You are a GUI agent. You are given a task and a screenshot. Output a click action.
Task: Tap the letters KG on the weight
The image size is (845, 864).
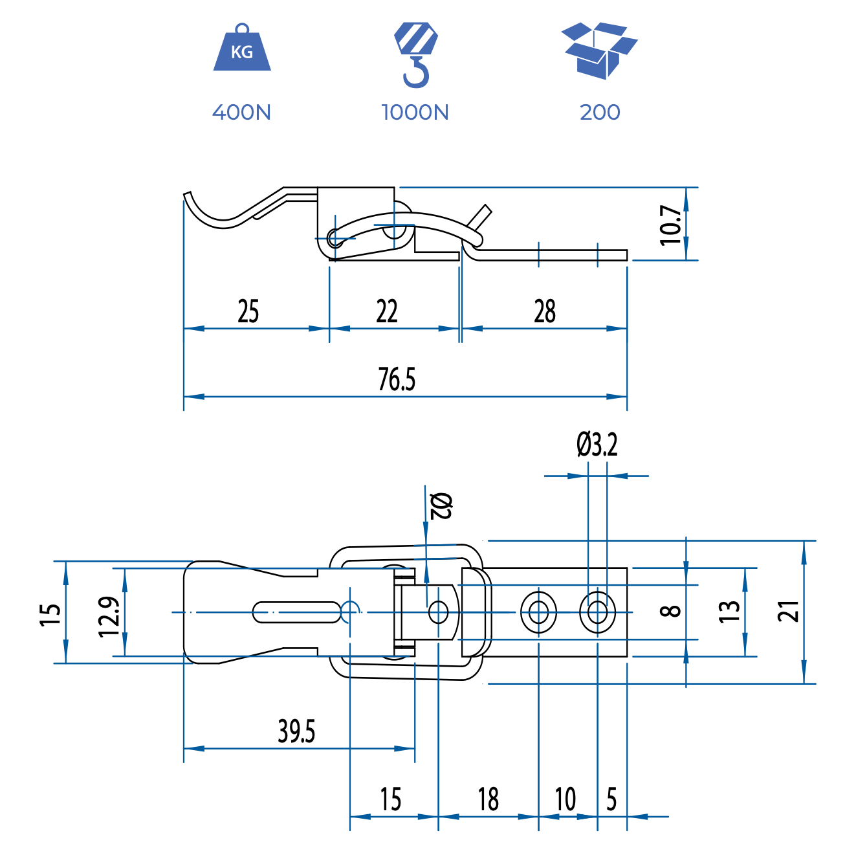(242, 52)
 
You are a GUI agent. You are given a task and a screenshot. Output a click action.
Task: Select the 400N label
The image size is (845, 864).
(241, 112)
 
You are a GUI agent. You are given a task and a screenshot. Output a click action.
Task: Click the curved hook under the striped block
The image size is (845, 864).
(417, 72)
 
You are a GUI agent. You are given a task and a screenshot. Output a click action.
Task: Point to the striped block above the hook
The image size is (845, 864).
(415, 38)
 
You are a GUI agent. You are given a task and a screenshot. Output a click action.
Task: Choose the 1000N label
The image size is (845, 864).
(415, 112)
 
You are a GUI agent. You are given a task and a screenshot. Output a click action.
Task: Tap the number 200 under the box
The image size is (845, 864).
(600, 112)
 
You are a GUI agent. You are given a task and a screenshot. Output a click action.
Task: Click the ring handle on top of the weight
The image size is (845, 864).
(243, 28)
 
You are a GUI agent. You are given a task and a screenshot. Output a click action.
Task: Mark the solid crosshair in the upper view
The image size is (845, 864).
(394, 225)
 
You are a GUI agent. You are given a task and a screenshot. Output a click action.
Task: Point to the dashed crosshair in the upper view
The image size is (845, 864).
(335, 238)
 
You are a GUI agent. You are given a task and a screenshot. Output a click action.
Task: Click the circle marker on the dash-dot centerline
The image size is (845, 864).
(350, 612)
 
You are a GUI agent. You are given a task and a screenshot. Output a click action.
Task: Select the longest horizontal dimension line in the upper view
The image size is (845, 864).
(406, 396)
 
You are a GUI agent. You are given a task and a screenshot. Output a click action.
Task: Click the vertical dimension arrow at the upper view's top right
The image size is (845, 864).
(686, 224)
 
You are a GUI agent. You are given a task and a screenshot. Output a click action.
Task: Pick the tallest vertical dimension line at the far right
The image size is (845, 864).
(804, 612)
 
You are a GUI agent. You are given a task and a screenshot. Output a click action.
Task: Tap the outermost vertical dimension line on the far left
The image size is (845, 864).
(65, 612)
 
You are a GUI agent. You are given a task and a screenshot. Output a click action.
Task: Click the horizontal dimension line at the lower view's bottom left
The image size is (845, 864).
(299, 748)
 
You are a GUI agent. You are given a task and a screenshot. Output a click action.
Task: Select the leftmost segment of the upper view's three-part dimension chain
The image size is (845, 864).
(256, 328)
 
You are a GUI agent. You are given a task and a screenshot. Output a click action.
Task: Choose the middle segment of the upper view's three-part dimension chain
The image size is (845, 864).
(394, 328)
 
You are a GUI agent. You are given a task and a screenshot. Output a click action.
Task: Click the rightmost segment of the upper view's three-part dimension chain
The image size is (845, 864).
(544, 328)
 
